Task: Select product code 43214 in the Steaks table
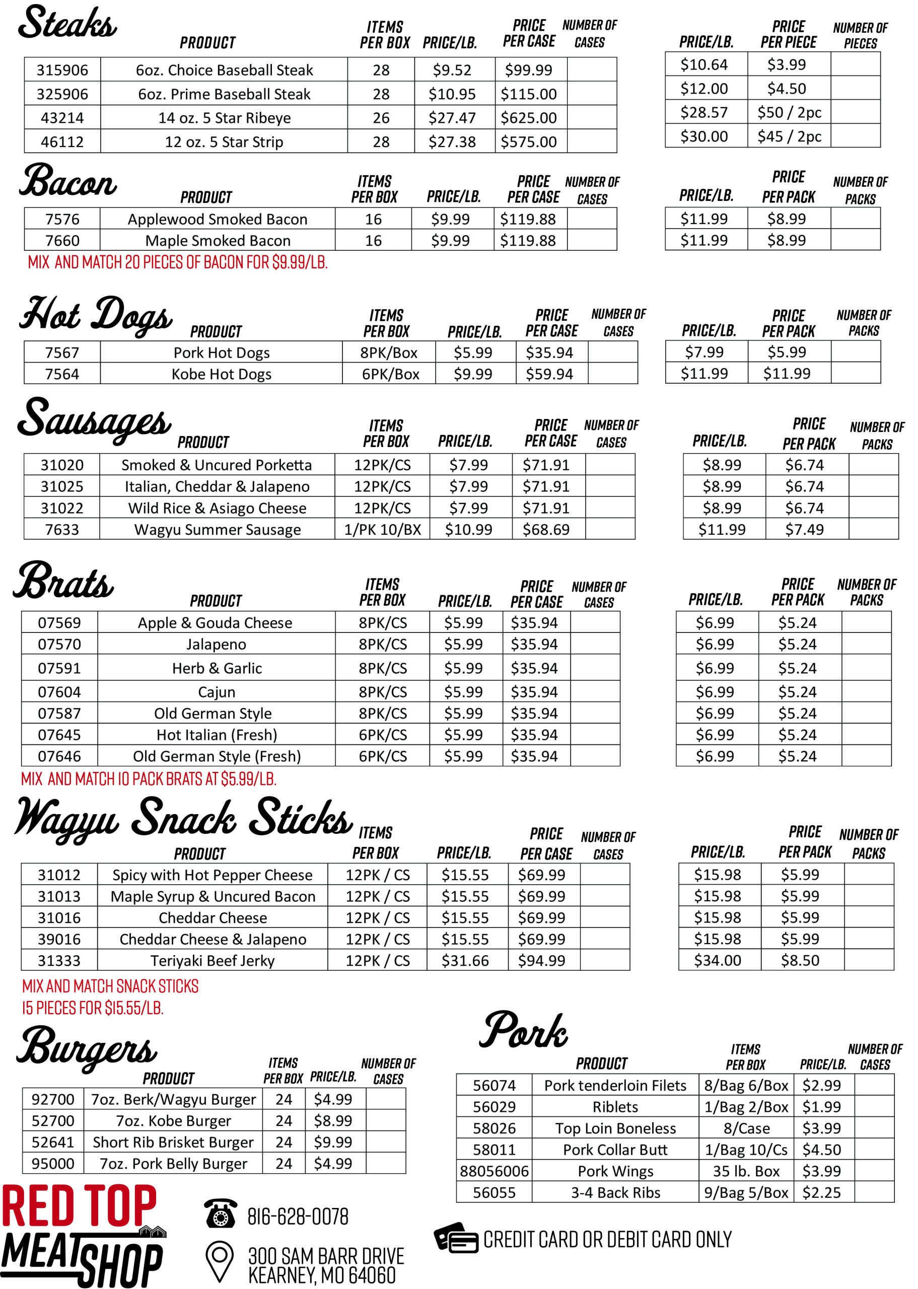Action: tap(62, 117)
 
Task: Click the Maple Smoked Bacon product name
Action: tap(218, 241)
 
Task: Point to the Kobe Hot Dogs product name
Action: tap(222, 374)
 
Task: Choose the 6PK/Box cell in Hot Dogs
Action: tap(391, 374)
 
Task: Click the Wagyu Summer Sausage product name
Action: tap(218, 530)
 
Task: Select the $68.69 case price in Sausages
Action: tap(545, 530)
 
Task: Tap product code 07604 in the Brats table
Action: tap(59, 692)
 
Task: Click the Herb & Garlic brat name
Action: tap(217, 668)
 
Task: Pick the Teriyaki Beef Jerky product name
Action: tap(213, 961)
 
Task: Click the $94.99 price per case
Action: tap(541, 960)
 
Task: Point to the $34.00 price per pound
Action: tap(717, 960)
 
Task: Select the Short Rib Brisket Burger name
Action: tap(173, 1142)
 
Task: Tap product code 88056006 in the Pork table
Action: tap(494, 1171)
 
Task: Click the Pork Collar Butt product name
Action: tap(615, 1150)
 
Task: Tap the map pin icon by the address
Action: tap(220, 1261)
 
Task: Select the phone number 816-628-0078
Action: tap(298, 1216)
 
